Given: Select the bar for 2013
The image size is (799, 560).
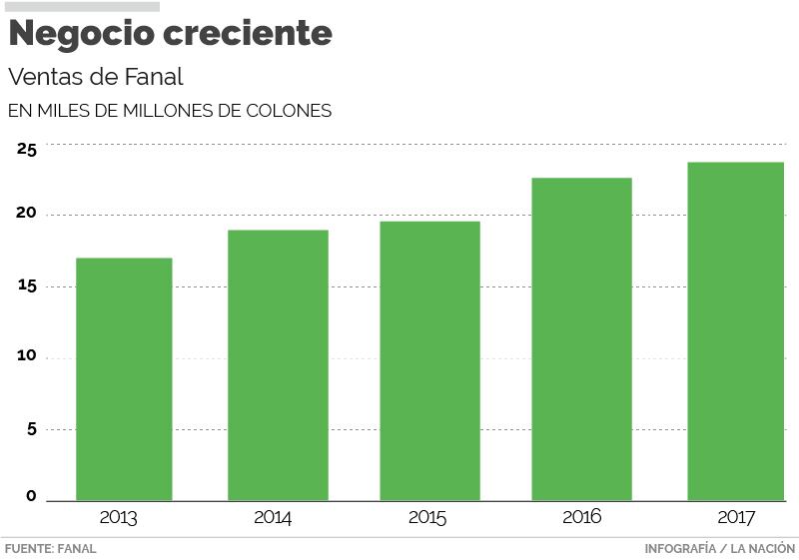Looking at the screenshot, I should point(124,379).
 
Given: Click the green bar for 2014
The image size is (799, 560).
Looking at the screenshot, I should point(278,365).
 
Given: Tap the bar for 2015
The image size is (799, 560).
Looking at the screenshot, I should point(429,360).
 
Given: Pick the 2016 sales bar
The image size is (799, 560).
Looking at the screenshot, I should point(581,339).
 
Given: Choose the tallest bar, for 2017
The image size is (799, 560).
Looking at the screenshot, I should point(735,331).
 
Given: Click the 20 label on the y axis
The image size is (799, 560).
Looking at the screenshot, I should point(26,215).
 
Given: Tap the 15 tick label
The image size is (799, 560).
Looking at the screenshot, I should point(26,286).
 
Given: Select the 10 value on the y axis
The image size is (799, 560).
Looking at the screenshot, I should point(26,357).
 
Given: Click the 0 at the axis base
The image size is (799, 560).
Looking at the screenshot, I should point(31,496).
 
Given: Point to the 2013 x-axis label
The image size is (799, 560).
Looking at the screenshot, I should point(119,518).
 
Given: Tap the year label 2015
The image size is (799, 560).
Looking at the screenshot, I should point(427,518).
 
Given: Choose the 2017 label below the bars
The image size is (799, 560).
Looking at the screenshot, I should point(736,518).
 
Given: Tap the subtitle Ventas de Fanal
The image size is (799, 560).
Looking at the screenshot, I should point(96,77).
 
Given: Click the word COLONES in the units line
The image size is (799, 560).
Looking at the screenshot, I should point(289,111).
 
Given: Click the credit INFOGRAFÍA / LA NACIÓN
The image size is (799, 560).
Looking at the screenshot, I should point(719,548).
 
